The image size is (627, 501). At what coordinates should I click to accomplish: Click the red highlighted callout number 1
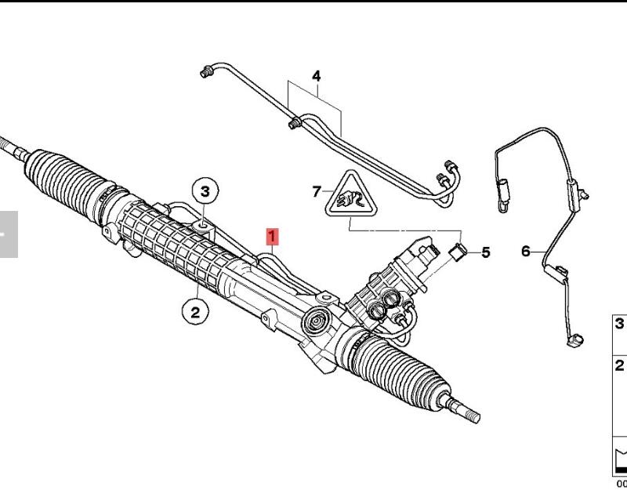click(272, 237)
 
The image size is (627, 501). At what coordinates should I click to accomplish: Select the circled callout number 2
click(195, 312)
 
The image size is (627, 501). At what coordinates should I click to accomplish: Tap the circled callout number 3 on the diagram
click(205, 191)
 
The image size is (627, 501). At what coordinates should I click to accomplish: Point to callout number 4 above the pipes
click(317, 76)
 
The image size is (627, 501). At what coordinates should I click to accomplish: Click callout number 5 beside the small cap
click(485, 252)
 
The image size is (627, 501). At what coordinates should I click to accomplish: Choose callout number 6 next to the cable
click(525, 252)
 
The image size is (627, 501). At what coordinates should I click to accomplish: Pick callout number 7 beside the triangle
click(317, 191)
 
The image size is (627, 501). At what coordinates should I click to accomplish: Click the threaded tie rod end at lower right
click(463, 410)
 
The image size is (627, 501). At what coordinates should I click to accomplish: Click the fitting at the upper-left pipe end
click(206, 72)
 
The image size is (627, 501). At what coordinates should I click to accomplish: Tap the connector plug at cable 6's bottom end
click(575, 341)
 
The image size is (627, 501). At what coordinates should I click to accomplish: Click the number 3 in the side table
click(619, 323)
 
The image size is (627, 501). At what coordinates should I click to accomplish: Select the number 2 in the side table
click(619, 365)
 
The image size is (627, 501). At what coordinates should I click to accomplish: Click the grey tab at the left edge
click(9, 234)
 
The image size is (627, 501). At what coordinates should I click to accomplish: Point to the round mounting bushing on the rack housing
click(317, 321)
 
